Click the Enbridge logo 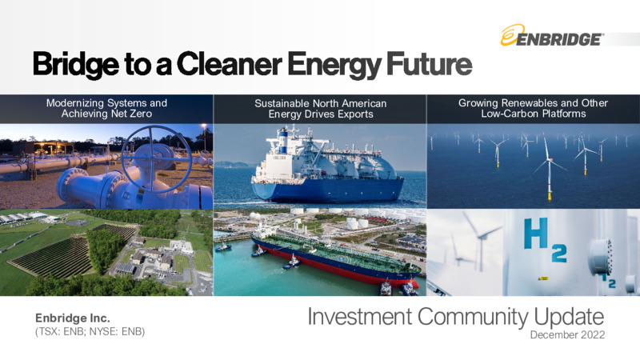pyautogui.click(x=552, y=35)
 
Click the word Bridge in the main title pyautogui.click(x=76, y=65)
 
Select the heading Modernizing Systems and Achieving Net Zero pyautogui.click(x=106, y=108)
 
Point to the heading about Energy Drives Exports pyautogui.click(x=321, y=109)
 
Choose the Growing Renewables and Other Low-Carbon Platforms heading pyautogui.click(x=533, y=108)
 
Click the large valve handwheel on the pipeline pyautogui.click(x=156, y=158)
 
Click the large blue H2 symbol pyautogui.click(x=545, y=239)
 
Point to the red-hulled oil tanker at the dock pyautogui.click(x=334, y=259)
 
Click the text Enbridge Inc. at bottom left pyautogui.click(x=73, y=318)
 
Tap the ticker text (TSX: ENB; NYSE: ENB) pyautogui.click(x=90, y=331)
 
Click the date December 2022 pyautogui.click(x=567, y=335)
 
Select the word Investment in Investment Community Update pyautogui.click(x=360, y=317)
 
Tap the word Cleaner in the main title pyautogui.click(x=230, y=63)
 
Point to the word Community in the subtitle pyautogui.click(x=473, y=318)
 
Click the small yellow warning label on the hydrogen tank pyautogui.click(x=543, y=278)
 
